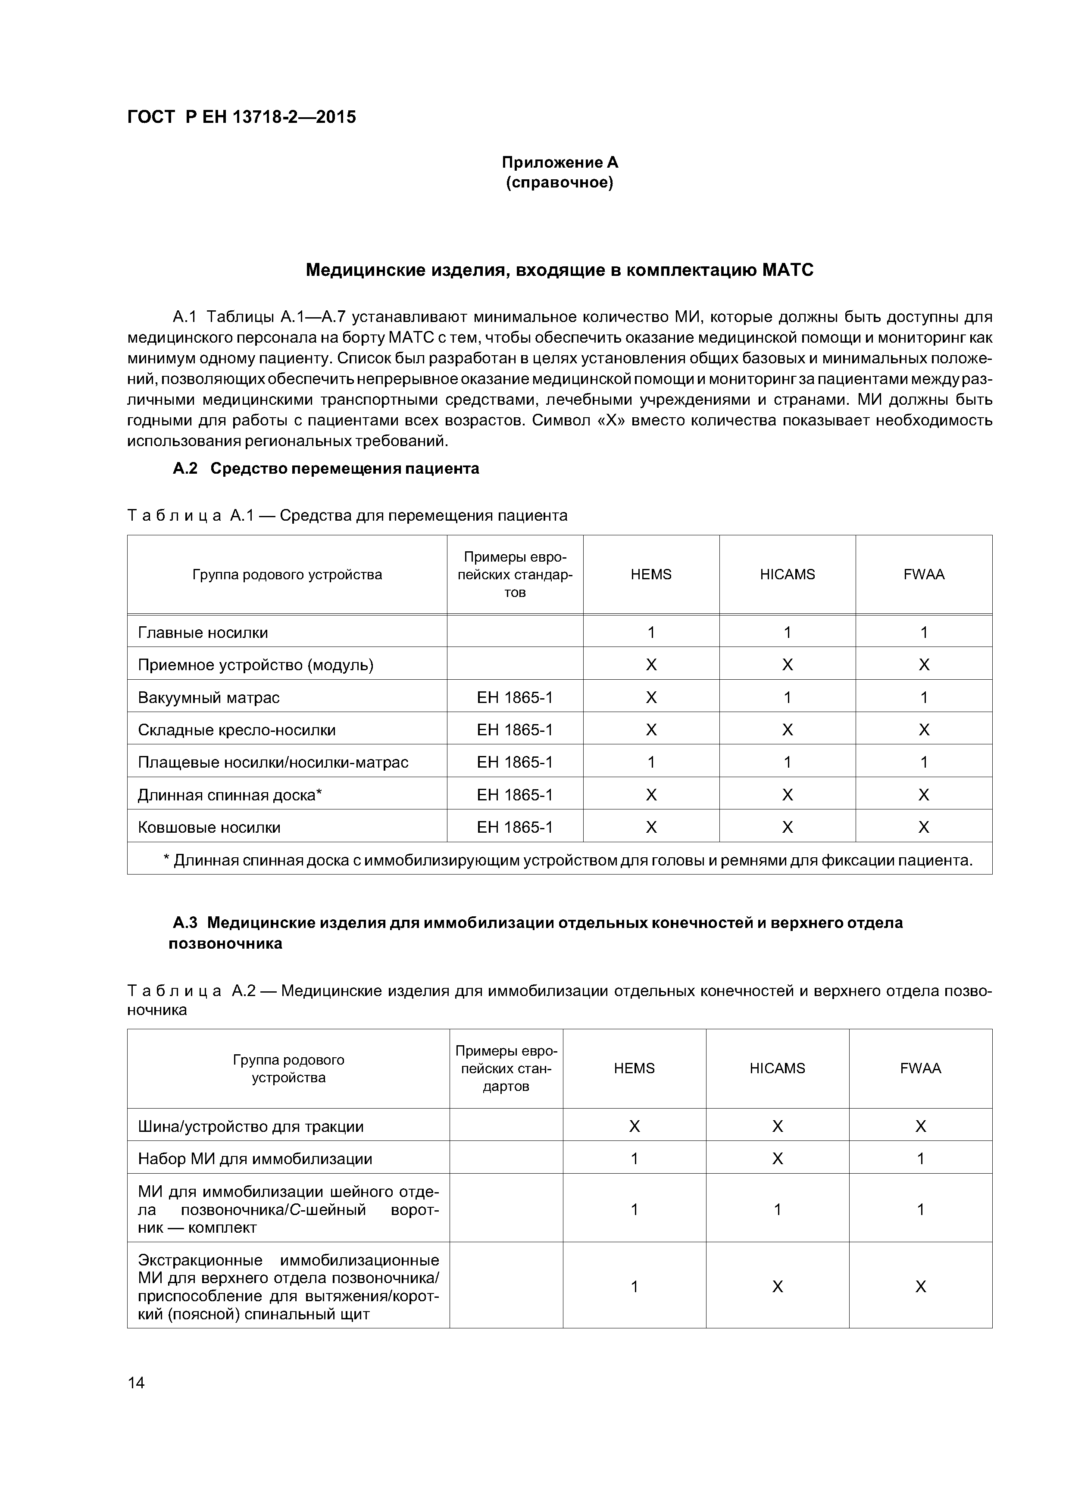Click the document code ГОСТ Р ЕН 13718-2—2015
pyautogui.click(x=241, y=117)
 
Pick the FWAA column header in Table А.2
pyautogui.click(x=920, y=1068)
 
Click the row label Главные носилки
pyautogui.click(x=203, y=632)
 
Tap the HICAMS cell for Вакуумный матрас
pyautogui.click(x=787, y=697)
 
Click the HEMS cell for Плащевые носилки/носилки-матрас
pyautogui.click(x=651, y=762)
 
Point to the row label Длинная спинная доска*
pyautogui.click(x=230, y=795)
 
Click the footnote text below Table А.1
pyautogui.click(x=568, y=860)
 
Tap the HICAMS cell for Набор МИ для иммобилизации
pyautogui.click(x=777, y=1159)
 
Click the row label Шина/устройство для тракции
pyautogui.click(x=250, y=1126)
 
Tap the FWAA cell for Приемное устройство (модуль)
pyautogui.click(x=923, y=665)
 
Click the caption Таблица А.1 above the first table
pyautogui.click(x=347, y=515)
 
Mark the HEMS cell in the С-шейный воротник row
pyautogui.click(x=634, y=1209)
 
